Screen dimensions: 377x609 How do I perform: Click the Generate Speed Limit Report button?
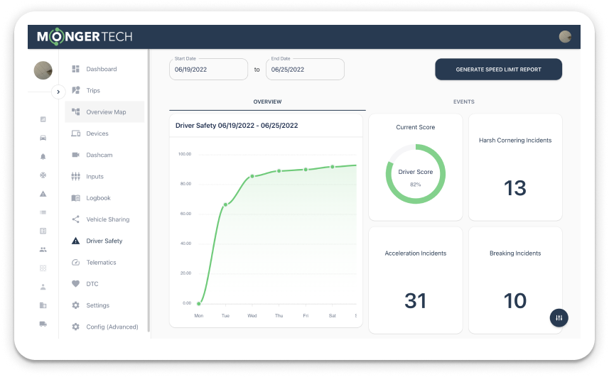498,70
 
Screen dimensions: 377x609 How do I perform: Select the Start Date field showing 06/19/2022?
209,70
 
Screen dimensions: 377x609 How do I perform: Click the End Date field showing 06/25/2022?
305,70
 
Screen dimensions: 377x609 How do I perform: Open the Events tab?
464,102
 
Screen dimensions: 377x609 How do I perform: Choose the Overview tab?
267,102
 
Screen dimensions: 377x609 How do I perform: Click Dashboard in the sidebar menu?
101,69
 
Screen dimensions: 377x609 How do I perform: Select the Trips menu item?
93,91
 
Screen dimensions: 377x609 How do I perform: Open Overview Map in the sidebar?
105,112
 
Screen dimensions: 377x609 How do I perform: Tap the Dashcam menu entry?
99,155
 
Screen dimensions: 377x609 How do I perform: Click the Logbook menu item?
98,198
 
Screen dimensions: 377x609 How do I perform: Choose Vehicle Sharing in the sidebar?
107,219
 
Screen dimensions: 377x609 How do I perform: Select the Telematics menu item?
101,263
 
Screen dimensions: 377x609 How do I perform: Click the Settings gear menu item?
97,305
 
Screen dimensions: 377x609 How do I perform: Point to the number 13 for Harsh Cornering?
514,188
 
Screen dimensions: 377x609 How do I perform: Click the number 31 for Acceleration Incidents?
415,301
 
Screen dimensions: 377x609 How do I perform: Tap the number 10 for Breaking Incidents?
514,301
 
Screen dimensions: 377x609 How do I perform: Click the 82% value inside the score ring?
415,184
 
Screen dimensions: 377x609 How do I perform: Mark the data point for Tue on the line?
225,204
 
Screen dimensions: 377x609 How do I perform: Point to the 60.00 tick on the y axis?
185,214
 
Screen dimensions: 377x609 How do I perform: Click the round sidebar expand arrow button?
58,92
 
